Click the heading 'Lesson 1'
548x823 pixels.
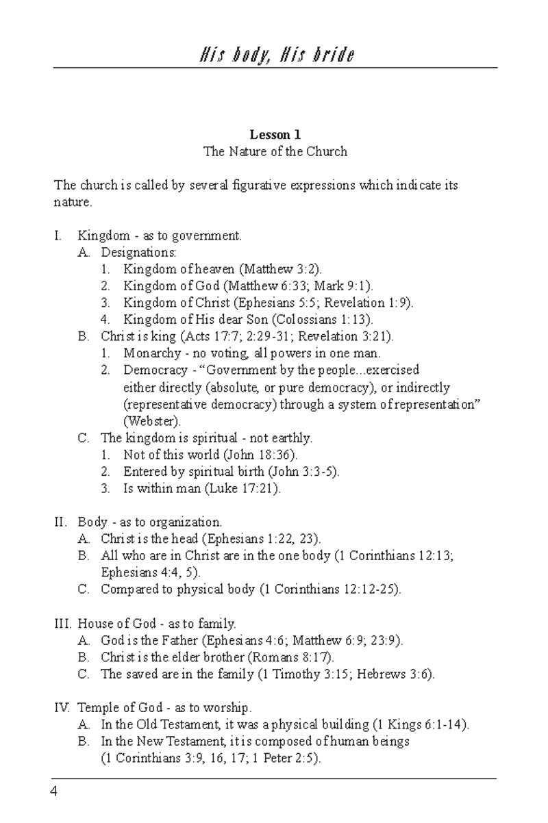(x=275, y=135)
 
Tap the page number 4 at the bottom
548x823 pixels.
(x=53, y=792)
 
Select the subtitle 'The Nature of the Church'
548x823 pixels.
(x=275, y=151)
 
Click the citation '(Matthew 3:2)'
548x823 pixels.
(x=282, y=269)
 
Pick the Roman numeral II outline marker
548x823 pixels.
(x=60, y=522)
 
